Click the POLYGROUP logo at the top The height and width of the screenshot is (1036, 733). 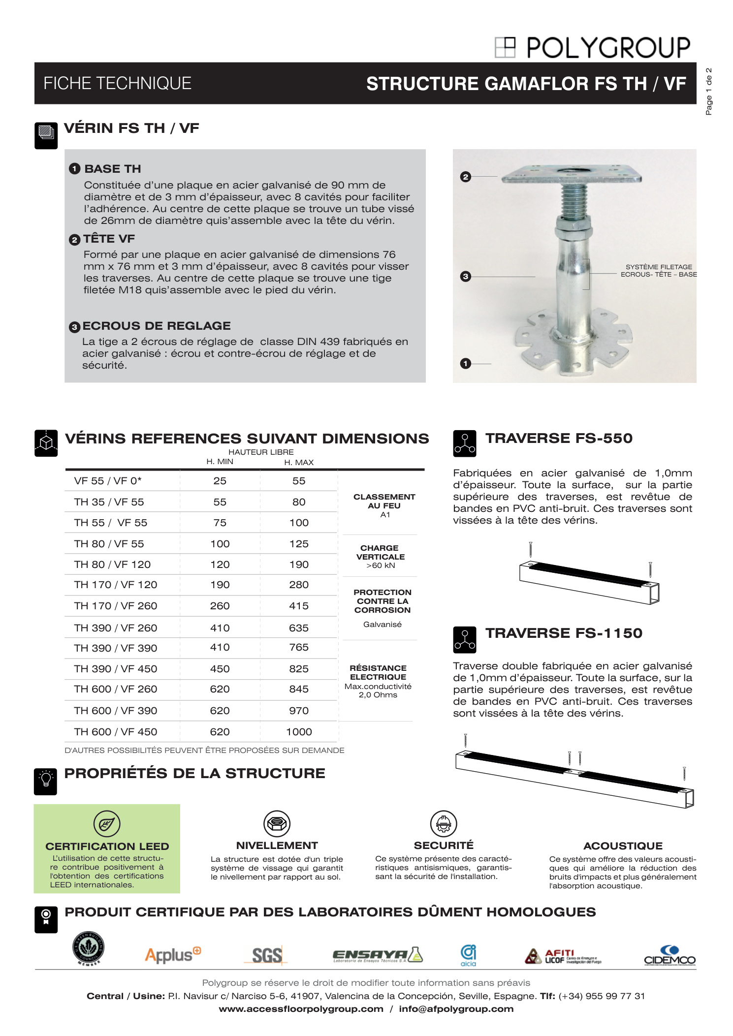click(x=593, y=48)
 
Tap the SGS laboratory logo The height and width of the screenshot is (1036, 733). click(x=266, y=955)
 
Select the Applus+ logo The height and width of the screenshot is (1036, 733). click(x=173, y=954)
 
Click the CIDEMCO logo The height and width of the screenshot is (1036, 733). click(x=669, y=955)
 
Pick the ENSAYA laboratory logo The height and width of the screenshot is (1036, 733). click(x=378, y=955)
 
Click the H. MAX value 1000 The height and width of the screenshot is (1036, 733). click(x=299, y=732)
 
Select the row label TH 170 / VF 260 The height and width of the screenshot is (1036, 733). click(x=116, y=606)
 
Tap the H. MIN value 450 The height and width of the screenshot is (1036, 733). click(x=220, y=669)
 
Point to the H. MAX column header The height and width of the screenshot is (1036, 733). click(x=299, y=462)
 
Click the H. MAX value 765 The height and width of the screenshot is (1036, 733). click(x=299, y=647)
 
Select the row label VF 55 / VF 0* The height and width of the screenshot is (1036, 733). click(x=108, y=481)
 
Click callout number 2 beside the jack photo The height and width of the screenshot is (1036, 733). click(x=465, y=177)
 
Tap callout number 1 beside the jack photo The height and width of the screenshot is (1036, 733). click(x=465, y=364)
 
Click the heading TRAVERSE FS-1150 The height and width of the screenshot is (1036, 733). click(x=564, y=633)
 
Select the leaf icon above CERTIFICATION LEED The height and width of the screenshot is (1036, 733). click(x=107, y=823)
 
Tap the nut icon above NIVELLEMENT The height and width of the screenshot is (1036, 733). click(x=277, y=823)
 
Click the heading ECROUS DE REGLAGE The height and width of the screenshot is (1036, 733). click(x=157, y=326)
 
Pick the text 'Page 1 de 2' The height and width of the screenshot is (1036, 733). click(x=709, y=92)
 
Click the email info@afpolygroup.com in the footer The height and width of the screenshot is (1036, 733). click(x=456, y=1009)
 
